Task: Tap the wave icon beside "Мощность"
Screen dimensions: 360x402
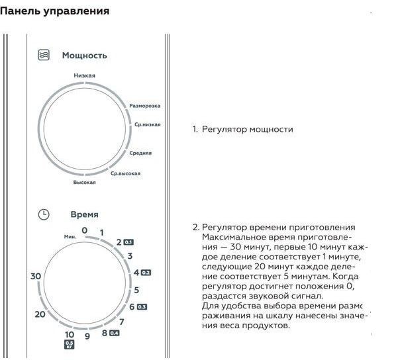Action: coord(43,56)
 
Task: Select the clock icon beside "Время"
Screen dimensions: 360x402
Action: coord(43,214)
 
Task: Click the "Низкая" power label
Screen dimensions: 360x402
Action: coord(84,75)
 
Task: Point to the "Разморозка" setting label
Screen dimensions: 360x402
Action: coord(145,106)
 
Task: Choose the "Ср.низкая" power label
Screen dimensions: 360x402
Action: coord(147,124)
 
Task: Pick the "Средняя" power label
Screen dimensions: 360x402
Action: coord(140,153)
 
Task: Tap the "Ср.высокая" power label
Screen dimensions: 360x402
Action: coord(125,173)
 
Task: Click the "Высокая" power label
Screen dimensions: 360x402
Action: coord(85,182)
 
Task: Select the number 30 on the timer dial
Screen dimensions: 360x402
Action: coord(36,276)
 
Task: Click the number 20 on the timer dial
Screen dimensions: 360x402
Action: coord(40,314)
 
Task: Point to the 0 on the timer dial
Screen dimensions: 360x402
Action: coord(85,230)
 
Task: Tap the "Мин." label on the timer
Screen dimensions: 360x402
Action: coord(70,236)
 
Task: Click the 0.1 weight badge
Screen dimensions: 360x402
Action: coord(128,242)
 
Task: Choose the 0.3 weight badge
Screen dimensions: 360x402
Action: coord(142,307)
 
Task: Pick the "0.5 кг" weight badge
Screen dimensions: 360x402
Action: coord(70,343)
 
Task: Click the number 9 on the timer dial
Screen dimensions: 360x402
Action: coord(87,336)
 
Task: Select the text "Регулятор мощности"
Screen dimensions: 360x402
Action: coord(247,130)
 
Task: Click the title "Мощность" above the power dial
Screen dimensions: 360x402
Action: coord(84,56)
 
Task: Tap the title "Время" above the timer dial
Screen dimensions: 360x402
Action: coord(84,214)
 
